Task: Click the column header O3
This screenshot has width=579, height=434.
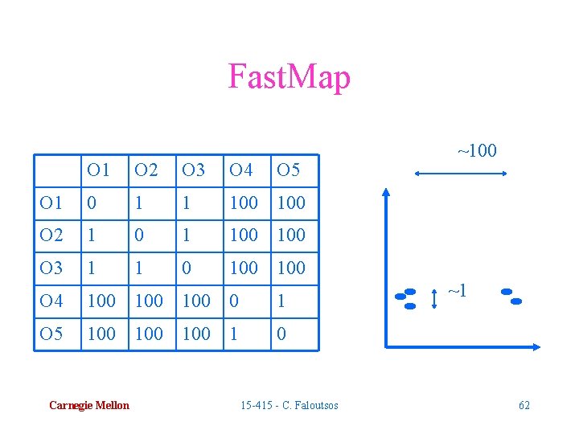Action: click(x=193, y=170)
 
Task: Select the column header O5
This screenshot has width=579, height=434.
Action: click(x=289, y=170)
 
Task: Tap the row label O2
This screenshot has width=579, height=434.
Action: click(x=51, y=235)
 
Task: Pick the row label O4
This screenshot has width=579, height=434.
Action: click(x=51, y=301)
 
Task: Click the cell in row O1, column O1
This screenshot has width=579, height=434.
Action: click(x=92, y=203)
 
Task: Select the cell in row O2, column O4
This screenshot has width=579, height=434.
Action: click(x=244, y=235)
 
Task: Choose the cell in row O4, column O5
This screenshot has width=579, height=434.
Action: click(x=281, y=301)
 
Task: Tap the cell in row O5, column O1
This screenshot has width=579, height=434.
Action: click(x=101, y=334)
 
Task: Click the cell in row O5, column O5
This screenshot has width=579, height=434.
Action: click(x=281, y=334)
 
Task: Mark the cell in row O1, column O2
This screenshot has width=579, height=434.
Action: click(x=139, y=203)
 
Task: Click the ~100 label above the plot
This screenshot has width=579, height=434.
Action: click(x=477, y=151)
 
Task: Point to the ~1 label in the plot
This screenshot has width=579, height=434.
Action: click(x=458, y=291)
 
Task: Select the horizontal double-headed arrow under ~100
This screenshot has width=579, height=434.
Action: click(x=458, y=173)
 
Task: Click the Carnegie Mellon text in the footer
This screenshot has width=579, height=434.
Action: click(x=88, y=406)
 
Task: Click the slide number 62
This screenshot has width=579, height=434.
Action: click(x=524, y=406)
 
